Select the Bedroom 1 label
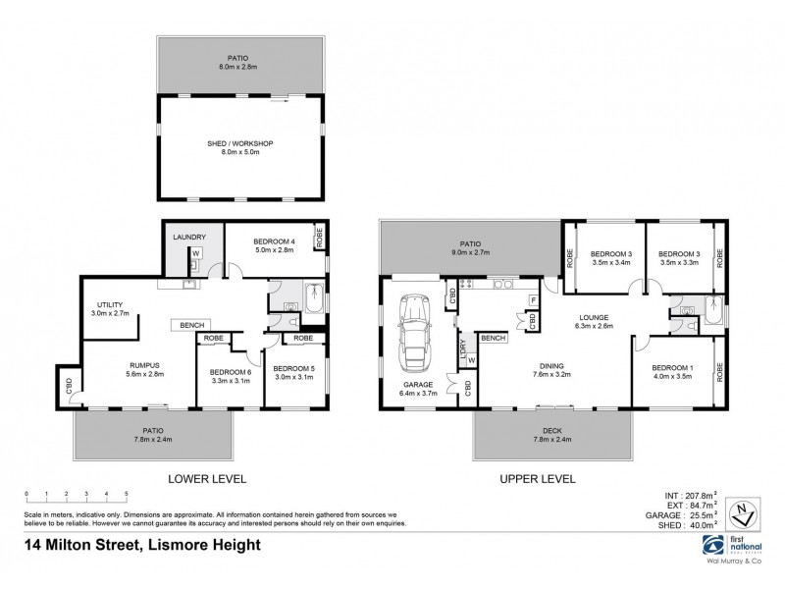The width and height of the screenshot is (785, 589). (x=672, y=368)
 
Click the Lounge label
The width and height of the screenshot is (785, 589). (x=594, y=317)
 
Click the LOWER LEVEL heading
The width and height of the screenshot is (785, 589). (x=206, y=478)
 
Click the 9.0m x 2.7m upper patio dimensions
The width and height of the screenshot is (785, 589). (x=471, y=252)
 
